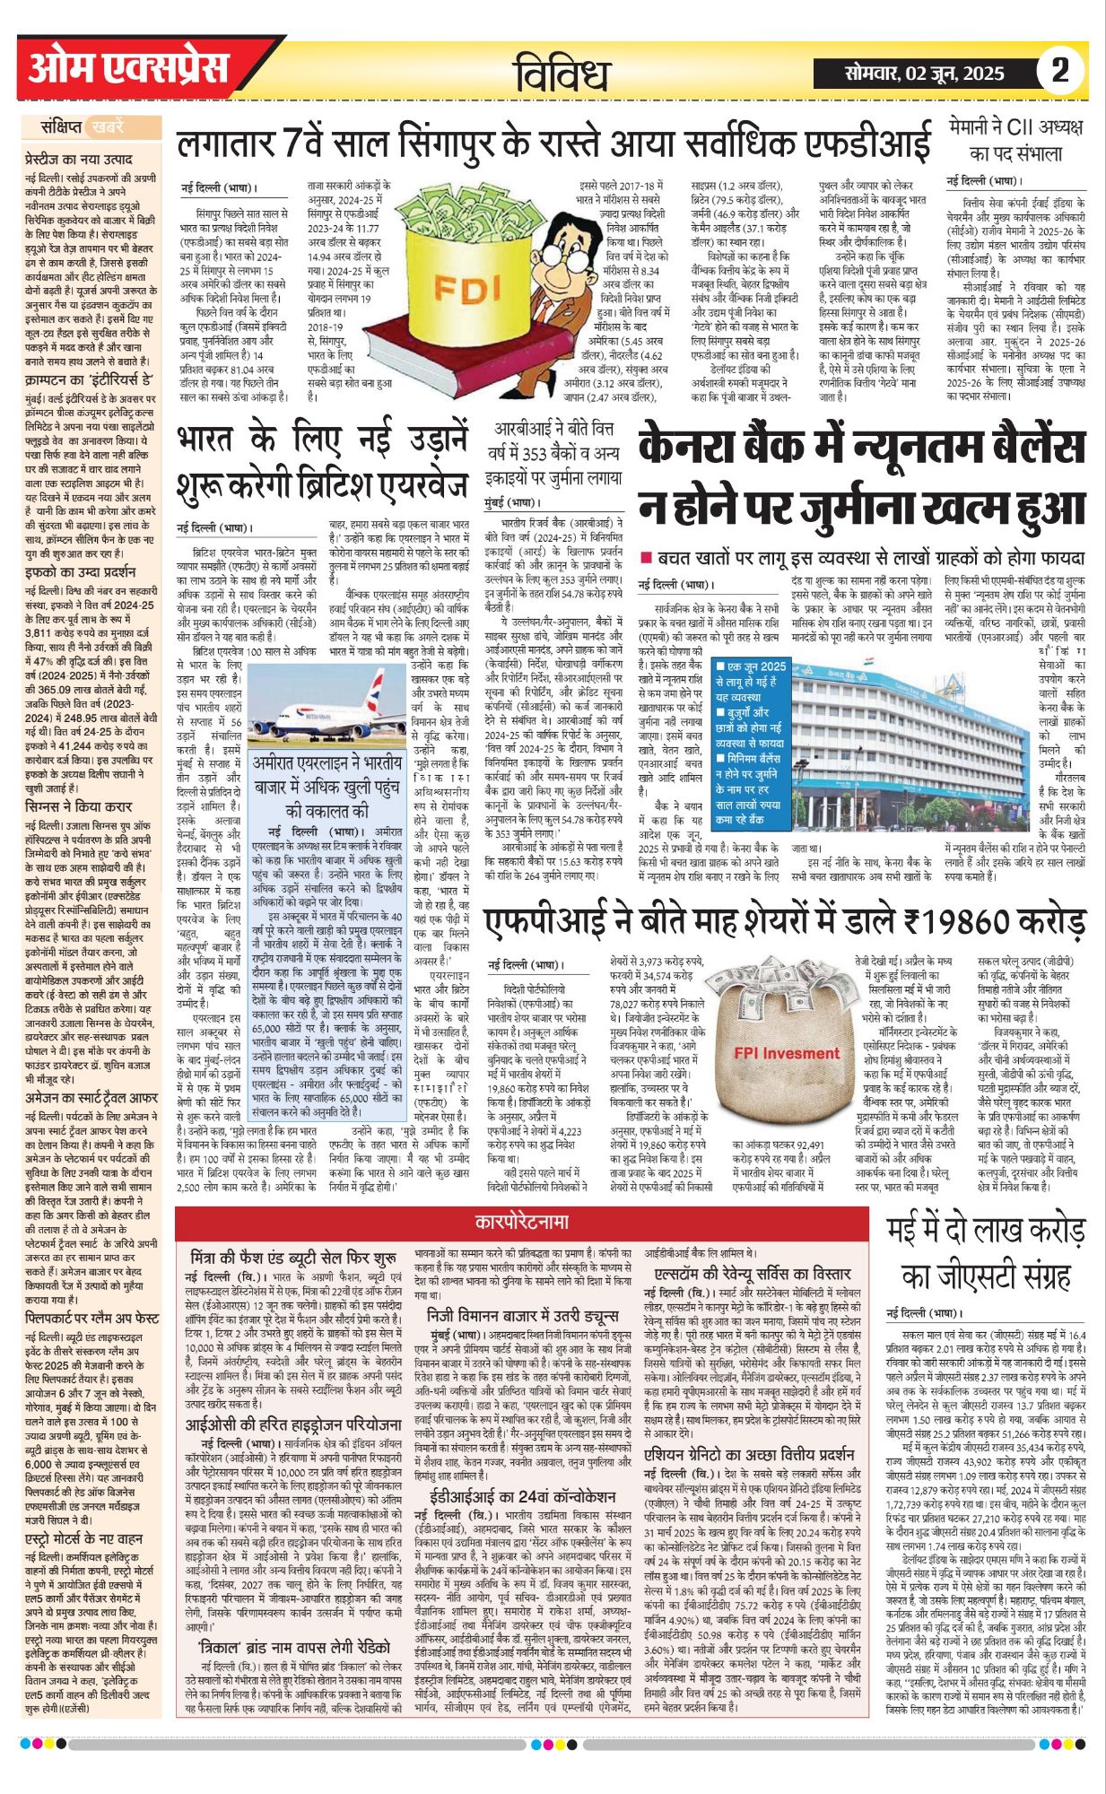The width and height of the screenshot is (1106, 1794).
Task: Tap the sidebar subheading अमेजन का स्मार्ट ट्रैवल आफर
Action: [92, 1097]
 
